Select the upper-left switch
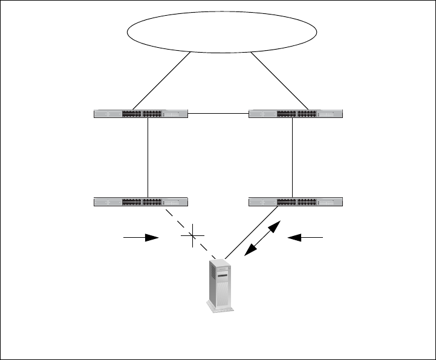141,113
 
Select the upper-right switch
296,113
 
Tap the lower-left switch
141,201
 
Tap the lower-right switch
296,201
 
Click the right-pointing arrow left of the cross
140,238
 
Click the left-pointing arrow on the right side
307,238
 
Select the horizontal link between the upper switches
219,113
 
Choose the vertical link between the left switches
148,157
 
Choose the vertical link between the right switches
292,157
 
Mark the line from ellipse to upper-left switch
161,81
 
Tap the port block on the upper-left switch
142,113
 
